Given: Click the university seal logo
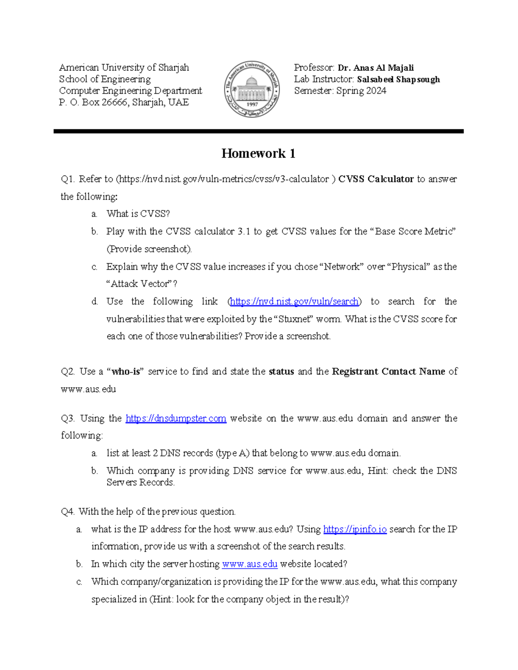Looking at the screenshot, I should pyautogui.click(x=252, y=89).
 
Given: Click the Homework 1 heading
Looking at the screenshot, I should pyautogui.click(x=258, y=153).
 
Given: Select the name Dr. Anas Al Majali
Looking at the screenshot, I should pyautogui.click(x=376, y=68).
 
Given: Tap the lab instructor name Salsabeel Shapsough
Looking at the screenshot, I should pyautogui.click(x=398, y=79).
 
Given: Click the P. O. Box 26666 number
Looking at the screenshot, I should pyautogui.click(x=114, y=103).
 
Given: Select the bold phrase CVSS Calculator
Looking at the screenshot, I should pyautogui.click(x=376, y=179).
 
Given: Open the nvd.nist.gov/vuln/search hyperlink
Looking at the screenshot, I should pyautogui.click(x=294, y=302).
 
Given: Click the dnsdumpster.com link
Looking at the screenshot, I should pyautogui.click(x=176, y=418).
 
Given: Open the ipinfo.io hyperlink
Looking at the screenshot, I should pyautogui.click(x=354, y=529).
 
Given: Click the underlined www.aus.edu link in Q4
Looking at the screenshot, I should pyautogui.click(x=250, y=564).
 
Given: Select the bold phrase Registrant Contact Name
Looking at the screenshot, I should pyautogui.click(x=388, y=372).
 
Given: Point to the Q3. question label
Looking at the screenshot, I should pyautogui.click(x=68, y=418).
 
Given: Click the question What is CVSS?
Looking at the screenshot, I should pyautogui.click(x=138, y=214).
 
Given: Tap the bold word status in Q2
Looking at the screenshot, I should pyautogui.click(x=281, y=372).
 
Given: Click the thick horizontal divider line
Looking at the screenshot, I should pyautogui.click(x=258, y=131).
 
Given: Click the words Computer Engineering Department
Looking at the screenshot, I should pyautogui.click(x=130, y=91).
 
